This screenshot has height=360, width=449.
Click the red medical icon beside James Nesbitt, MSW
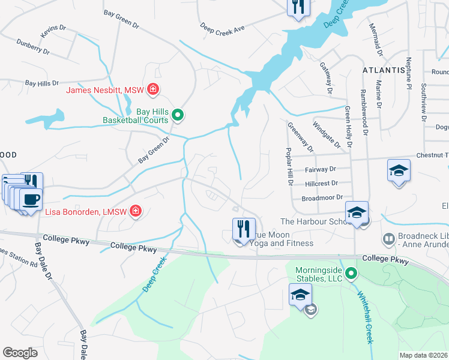coord(153,90)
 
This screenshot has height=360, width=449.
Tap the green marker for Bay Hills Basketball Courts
coord(178,114)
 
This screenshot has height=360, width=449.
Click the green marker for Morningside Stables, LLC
coord(352,275)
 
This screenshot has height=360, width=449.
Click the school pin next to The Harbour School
coord(356,213)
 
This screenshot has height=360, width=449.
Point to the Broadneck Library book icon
coord(389,239)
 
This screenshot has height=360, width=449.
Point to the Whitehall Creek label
coord(366,314)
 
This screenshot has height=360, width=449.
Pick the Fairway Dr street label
coord(321,170)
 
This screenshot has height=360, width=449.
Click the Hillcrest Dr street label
coord(321,183)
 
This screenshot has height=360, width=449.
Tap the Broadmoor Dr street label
coord(322,197)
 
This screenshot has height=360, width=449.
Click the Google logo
coord(20,352)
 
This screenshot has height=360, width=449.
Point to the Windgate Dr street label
coord(326,135)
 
